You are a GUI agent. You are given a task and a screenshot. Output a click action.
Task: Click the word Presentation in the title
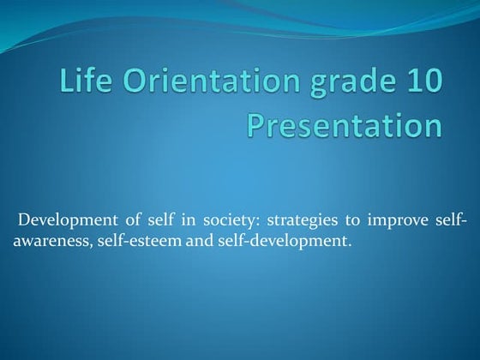tap(345, 127)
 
